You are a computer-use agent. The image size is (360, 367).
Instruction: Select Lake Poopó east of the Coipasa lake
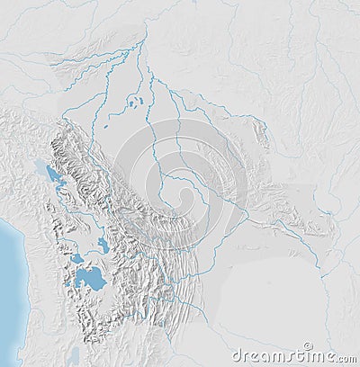coord(103,244)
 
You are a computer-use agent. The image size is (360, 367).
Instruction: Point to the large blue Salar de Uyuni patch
coord(90,279)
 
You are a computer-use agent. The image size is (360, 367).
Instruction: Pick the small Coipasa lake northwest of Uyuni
coord(77,258)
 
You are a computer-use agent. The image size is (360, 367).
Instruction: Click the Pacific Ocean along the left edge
coord(9,288)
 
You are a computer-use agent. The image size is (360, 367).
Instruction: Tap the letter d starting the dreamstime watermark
coord(237,356)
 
